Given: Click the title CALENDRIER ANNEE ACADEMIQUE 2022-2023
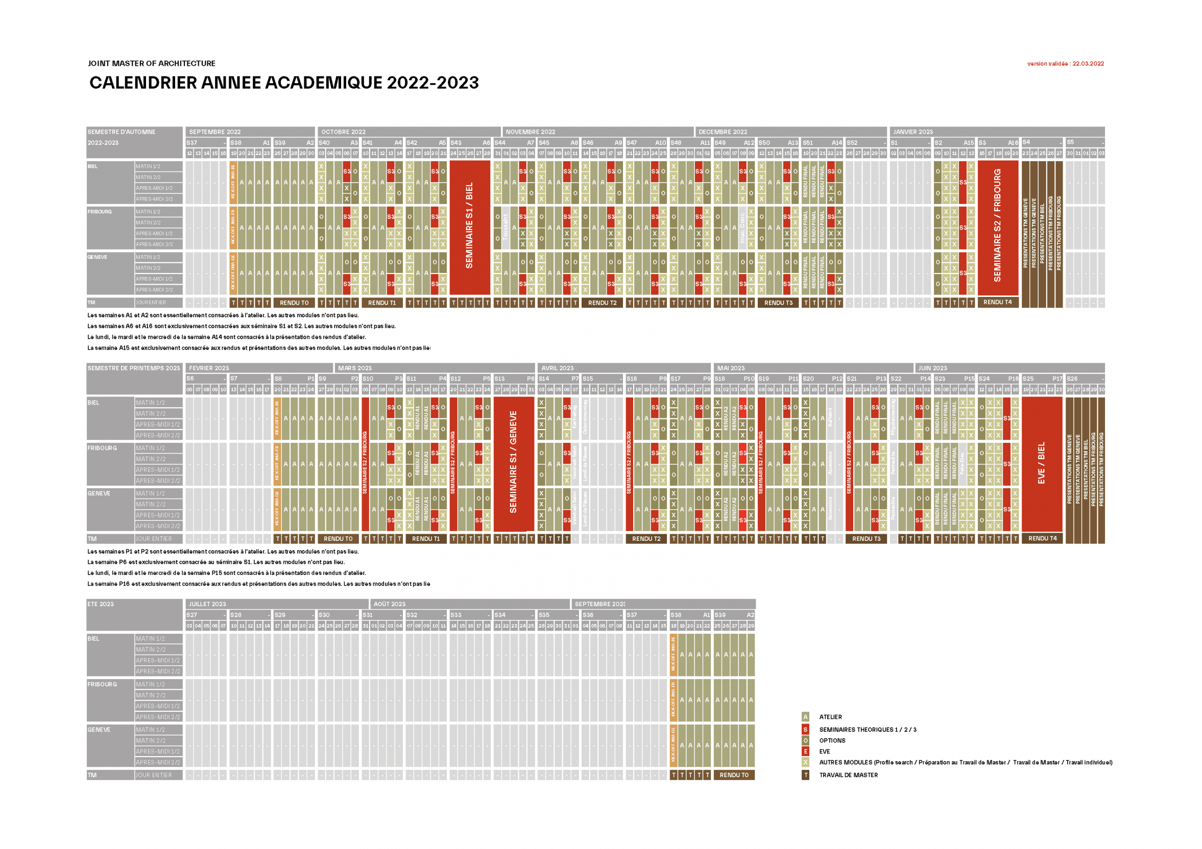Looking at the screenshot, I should point(284,83).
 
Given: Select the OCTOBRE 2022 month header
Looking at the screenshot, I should point(344,132).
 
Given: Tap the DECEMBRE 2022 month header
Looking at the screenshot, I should point(723,132).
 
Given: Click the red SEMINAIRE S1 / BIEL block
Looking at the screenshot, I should point(470,228).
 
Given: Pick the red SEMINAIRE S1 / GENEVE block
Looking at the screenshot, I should point(513,463).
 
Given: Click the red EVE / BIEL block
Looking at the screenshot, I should point(1041,463).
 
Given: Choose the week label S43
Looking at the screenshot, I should point(456,143).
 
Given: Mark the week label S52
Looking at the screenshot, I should point(852,143).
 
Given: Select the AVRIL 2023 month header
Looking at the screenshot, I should point(558,368).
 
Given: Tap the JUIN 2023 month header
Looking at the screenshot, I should point(932,368).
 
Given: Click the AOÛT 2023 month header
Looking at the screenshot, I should point(389,604).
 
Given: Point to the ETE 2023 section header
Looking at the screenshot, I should point(101,604).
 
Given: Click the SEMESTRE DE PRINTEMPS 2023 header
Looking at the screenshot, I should point(133,368).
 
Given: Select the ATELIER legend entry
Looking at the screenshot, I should point(830,717).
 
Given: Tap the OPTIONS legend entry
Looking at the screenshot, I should point(832,741).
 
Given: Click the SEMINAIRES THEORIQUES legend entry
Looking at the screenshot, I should point(868,730).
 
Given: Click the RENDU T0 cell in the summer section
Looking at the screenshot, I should point(734,775).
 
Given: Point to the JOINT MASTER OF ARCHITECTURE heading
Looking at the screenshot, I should point(151,63).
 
